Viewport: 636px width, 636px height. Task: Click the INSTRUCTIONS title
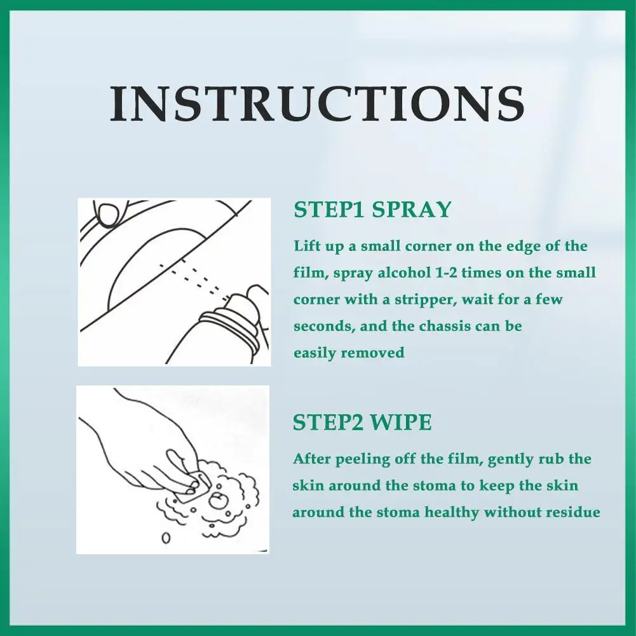point(317,104)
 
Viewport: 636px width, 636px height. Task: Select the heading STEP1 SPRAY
point(372,210)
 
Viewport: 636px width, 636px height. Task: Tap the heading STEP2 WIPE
point(362,423)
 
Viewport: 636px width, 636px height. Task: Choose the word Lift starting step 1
point(307,247)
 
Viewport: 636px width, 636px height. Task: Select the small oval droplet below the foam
point(166,538)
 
